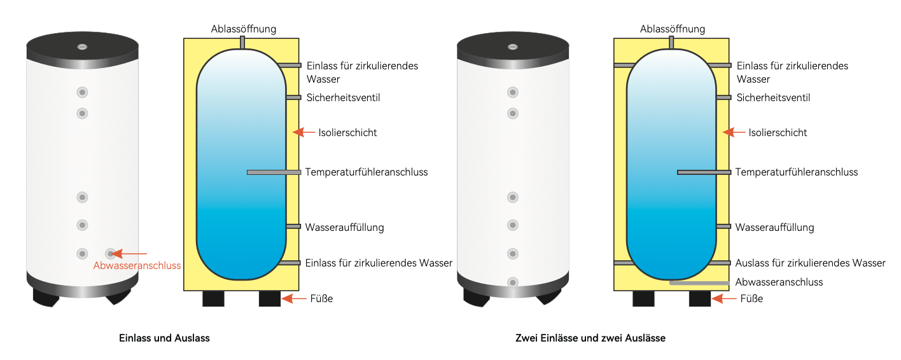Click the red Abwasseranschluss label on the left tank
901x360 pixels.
click(x=137, y=266)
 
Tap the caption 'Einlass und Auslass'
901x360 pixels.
click(x=164, y=338)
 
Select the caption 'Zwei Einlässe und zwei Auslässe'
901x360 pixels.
click(x=590, y=338)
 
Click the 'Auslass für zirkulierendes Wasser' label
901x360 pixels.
click(x=810, y=263)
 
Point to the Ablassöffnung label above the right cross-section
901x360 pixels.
click(x=673, y=29)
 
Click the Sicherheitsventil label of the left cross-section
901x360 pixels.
click(x=344, y=98)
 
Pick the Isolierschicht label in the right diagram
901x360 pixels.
click(x=778, y=133)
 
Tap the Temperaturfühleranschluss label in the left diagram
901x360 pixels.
click(x=367, y=172)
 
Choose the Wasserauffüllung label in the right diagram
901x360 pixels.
click(x=774, y=227)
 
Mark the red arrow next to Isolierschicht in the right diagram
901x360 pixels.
click(x=734, y=132)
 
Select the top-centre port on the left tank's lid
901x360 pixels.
click(x=83, y=47)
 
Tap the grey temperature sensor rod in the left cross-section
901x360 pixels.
click(x=274, y=172)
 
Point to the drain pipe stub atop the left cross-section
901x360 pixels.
click(x=242, y=42)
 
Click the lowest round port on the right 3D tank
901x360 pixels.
click(x=512, y=282)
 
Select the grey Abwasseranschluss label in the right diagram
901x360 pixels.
click(x=779, y=282)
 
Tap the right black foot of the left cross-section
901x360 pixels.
click(x=270, y=299)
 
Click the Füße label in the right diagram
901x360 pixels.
click(x=752, y=298)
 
